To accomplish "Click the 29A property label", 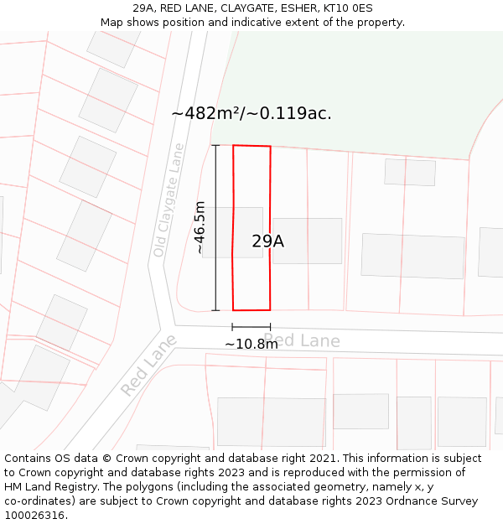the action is pyautogui.click(x=267, y=241).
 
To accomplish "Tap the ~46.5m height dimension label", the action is pyautogui.click(x=200, y=227).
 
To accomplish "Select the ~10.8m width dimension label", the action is pyautogui.click(x=251, y=344).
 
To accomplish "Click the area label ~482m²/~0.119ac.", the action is pyautogui.click(x=251, y=113).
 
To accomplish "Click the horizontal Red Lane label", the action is pyautogui.click(x=302, y=340).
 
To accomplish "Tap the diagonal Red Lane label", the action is pyautogui.click(x=149, y=366).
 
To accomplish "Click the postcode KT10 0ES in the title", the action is pyautogui.click(x=351, y=8).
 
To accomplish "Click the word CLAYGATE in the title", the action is pyautogui.click(x=247, y=8).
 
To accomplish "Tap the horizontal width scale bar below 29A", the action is pyautogui.click(x=251, y=327).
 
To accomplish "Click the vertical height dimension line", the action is pyautogui.click(x=215, y=227).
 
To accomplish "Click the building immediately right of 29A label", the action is pyautogui.click(x=308, y=241).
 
